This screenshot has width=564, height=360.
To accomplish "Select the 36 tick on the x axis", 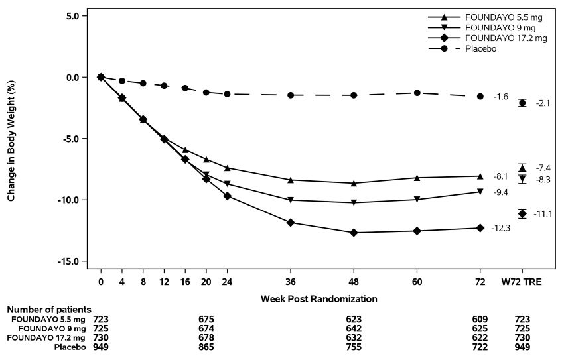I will tap(291, 282).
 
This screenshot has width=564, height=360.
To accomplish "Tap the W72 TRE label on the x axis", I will tap(522, 282).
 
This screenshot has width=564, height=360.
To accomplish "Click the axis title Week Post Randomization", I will tap(318, 299).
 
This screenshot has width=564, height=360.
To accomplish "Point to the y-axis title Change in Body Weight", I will tap(11, 139).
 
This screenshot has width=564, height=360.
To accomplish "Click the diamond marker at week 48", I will tap(354, 233).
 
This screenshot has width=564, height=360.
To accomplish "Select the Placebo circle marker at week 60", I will tap(417, 93).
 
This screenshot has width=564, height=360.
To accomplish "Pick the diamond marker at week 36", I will tap(291, 223).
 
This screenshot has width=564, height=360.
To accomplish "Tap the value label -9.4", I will tap(500, 192).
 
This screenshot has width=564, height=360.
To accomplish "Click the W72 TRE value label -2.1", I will tap(543, 103).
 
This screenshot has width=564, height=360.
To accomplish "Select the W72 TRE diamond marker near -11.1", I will tap(522, 213).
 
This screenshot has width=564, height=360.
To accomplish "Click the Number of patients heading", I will tap(49, 309).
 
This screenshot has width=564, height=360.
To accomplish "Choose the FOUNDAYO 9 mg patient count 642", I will tap(354, 328).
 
